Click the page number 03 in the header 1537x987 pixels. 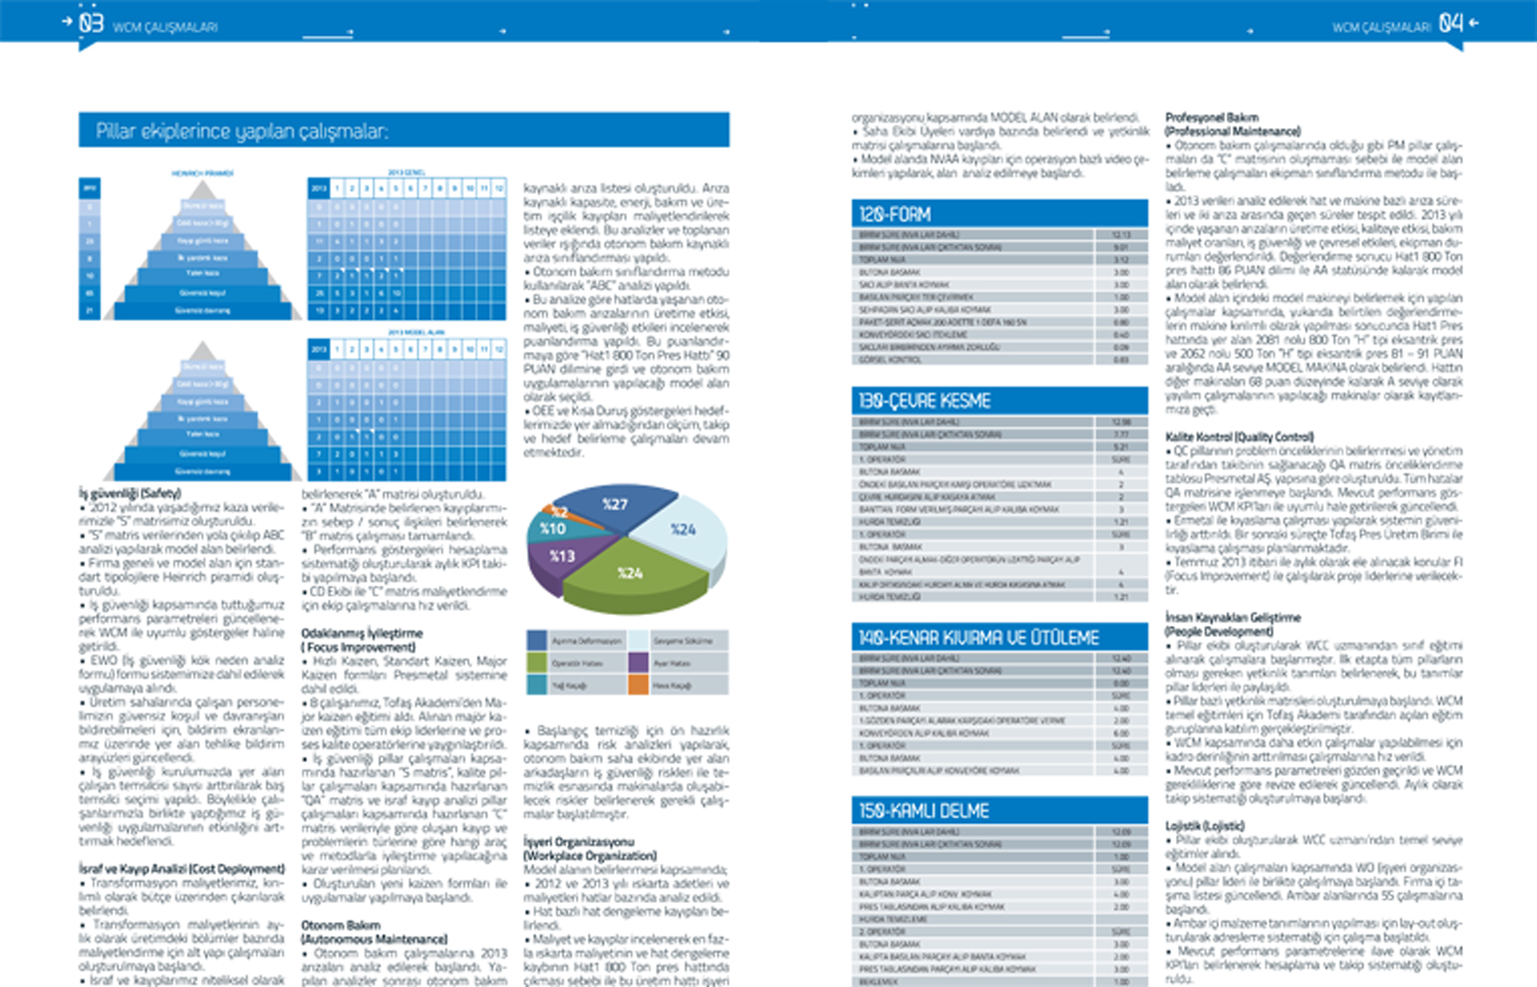pos(90,23)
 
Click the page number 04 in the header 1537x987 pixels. pos(1450,23)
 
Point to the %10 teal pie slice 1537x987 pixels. pos(550,528)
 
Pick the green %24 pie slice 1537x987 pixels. pos(631,576)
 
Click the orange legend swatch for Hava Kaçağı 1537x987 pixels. pos(638,685)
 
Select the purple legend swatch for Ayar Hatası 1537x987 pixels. pos(638,663)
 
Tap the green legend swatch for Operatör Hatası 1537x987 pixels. pos(536,663)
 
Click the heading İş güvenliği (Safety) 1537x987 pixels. pos(130,493)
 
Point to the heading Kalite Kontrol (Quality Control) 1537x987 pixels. pos(1239,437)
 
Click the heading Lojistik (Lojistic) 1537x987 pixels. pos(1204,826)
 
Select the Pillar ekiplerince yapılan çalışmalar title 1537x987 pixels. pos(242,132)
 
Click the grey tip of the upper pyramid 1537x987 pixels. pos(203,189)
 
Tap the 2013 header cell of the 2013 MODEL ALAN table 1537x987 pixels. pos(318,348)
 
